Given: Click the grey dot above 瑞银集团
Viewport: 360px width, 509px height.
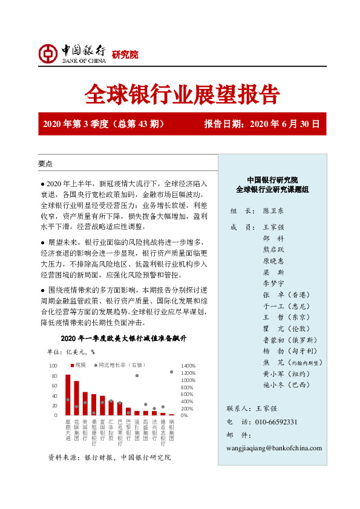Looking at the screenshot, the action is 171,372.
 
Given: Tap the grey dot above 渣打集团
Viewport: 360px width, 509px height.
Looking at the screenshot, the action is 137,375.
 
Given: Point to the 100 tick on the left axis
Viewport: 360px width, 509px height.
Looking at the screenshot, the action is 53,366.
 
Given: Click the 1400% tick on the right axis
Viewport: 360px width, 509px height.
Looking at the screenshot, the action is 189,366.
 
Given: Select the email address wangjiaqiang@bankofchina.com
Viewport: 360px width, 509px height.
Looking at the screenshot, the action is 274,448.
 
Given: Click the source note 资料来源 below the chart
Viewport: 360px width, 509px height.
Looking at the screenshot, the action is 109,458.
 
